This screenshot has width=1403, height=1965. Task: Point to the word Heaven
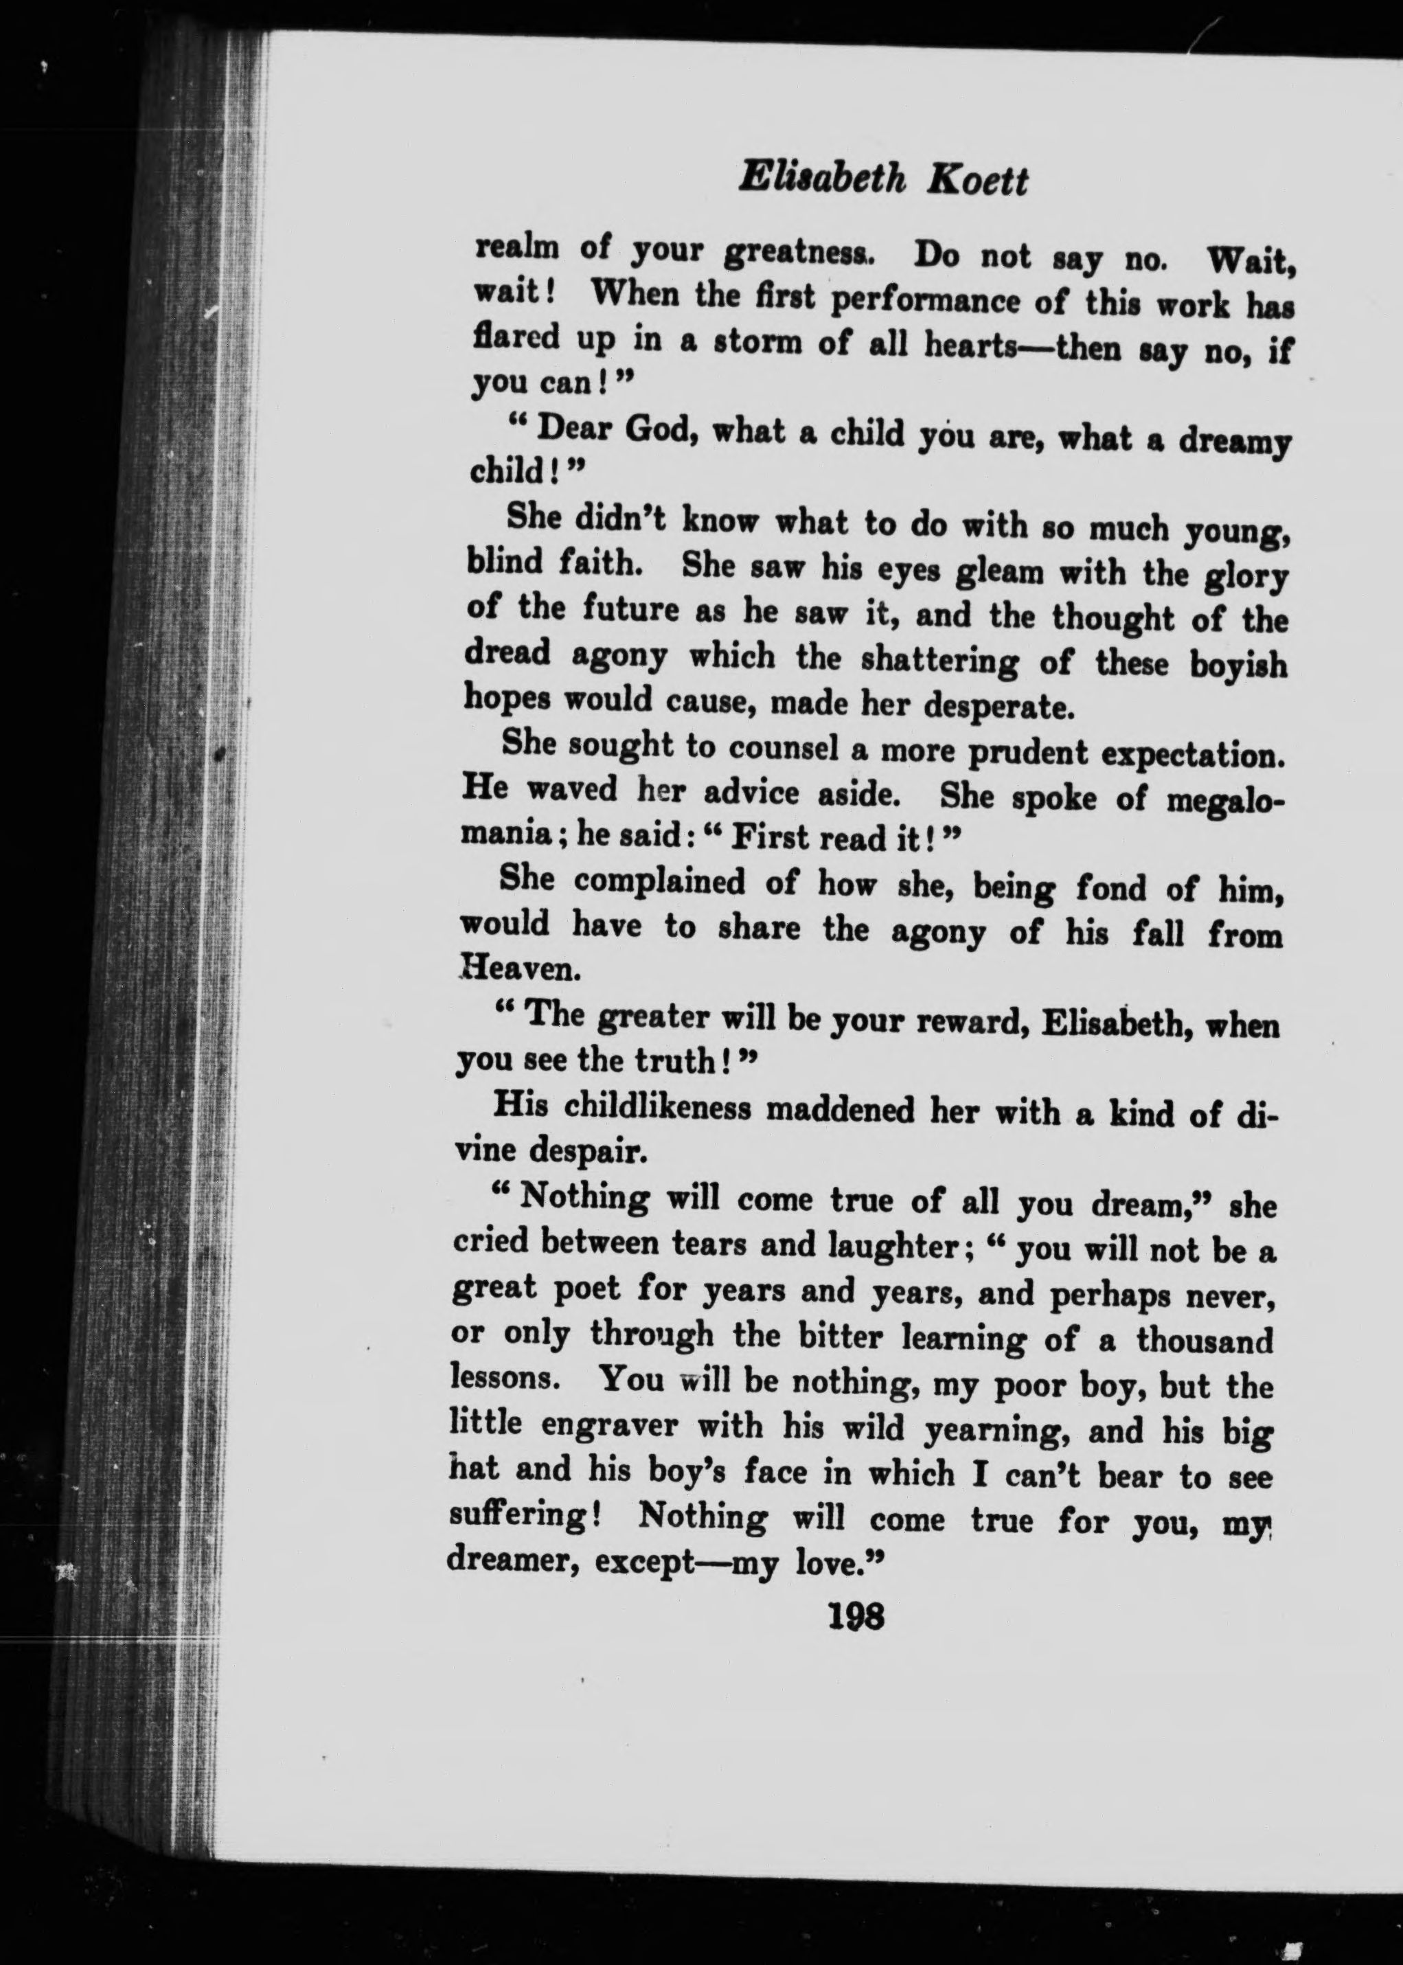(520, 970)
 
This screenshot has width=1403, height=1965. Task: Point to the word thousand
(1205, 1340)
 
